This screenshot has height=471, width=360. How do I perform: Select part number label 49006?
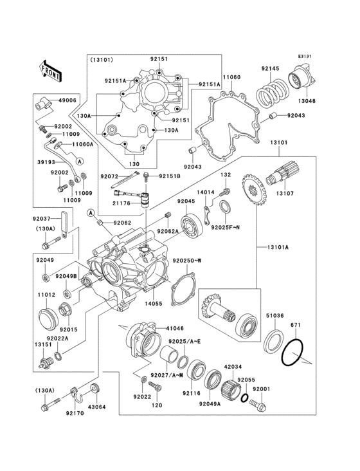click(67, 100)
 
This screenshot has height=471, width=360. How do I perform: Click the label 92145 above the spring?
click(271, 69)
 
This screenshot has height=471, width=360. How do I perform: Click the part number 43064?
click(97, 407)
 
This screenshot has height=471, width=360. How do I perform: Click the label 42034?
click(233, 367)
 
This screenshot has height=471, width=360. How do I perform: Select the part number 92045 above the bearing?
click(186, 201)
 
